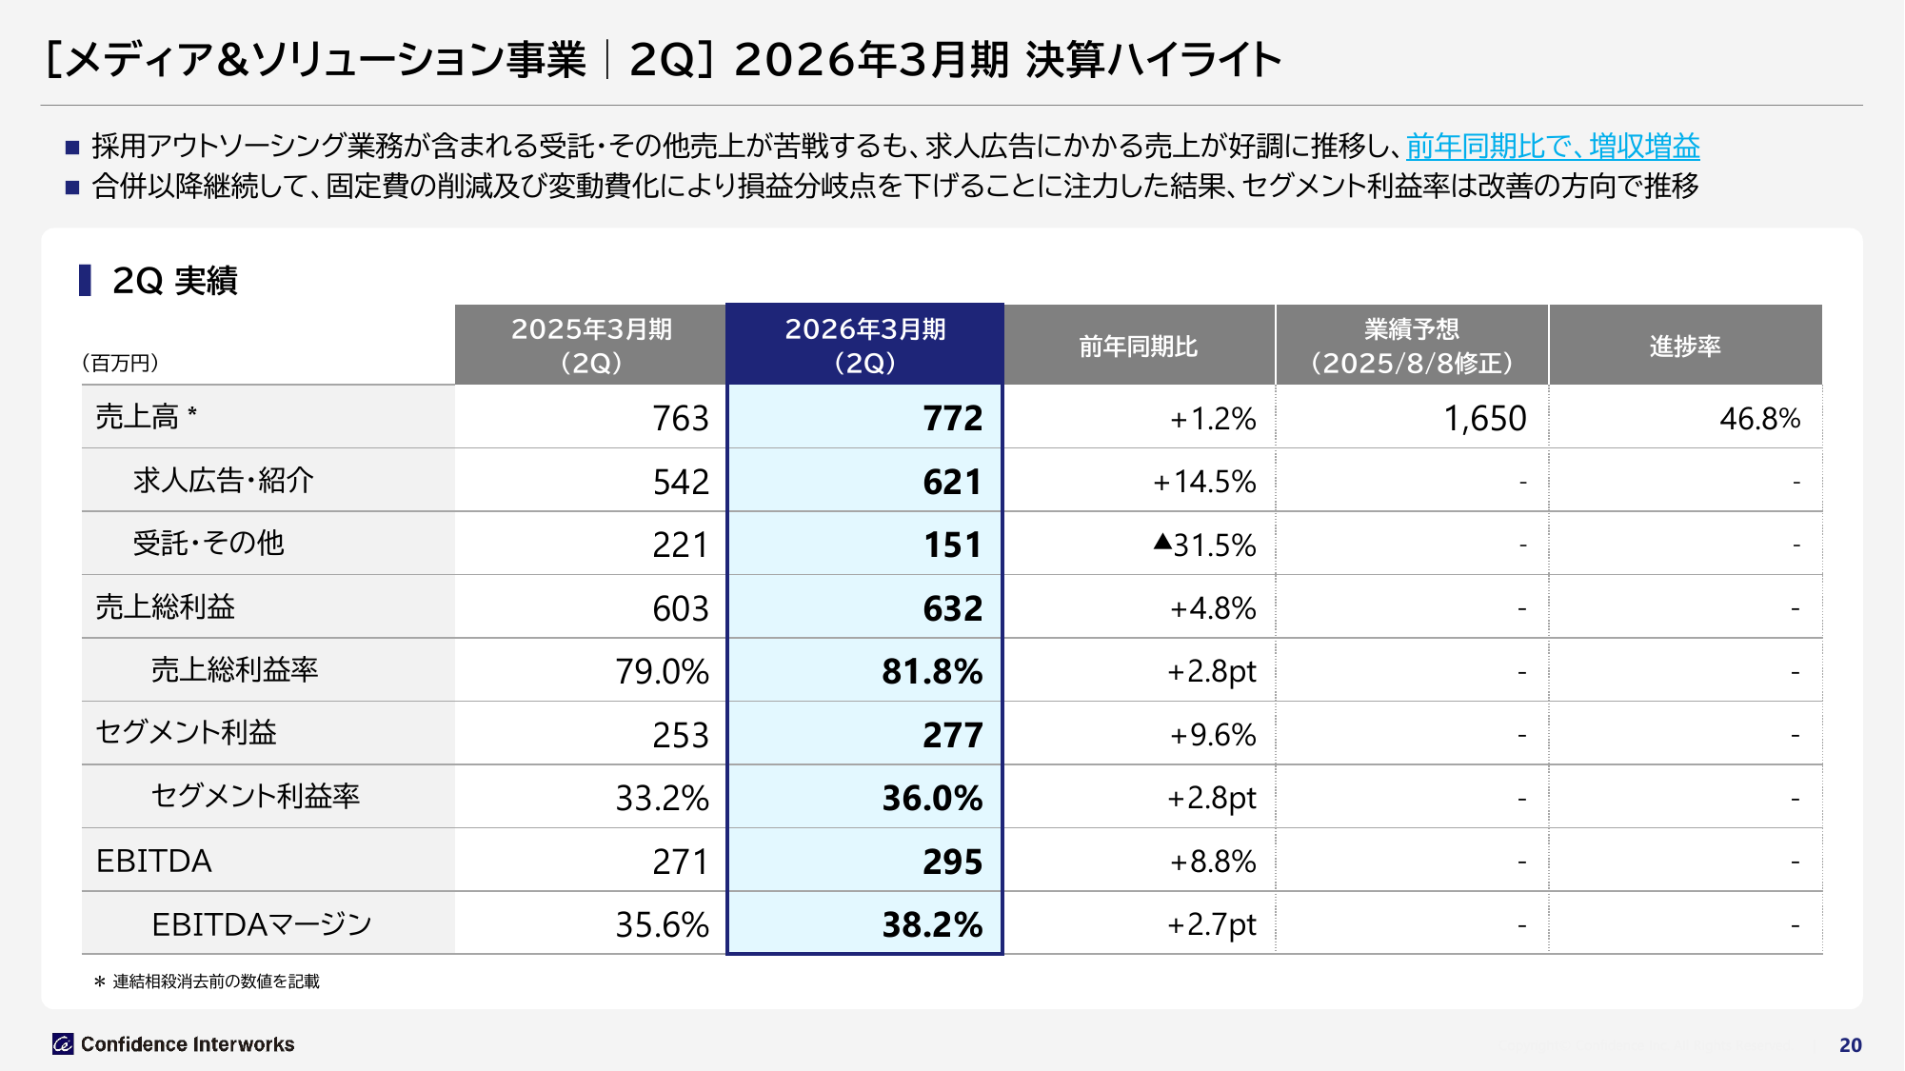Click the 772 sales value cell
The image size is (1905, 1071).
(952, 419)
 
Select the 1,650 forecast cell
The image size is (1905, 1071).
(1484, 419)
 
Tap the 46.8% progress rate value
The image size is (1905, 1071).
(1759, 419)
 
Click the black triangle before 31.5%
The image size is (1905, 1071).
(1162, 543)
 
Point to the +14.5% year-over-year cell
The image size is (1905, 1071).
(1204, 482)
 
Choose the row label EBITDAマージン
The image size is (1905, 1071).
(261, 924)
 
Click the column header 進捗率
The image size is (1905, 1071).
(1685, 347)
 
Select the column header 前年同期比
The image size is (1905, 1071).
(1139, 347)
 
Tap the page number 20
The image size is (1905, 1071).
(1850, 1045)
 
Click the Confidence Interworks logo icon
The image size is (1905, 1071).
(63, 1044)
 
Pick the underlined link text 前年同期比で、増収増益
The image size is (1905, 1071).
(1553, 147)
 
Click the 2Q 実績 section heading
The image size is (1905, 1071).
(174, 281)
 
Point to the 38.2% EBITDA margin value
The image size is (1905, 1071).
(932, 925)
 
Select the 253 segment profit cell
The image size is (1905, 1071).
(681, 736)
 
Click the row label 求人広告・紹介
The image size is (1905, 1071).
(224, 481)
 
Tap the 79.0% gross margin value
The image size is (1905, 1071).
(662, 672)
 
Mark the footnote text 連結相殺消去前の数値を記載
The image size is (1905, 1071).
(216, 982)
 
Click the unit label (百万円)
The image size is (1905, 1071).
(121, 363)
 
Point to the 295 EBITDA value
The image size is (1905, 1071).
(952, 863)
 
